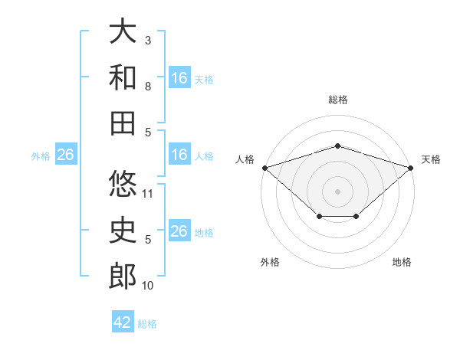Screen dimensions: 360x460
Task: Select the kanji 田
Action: (123, 123)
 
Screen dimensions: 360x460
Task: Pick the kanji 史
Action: (123, 231)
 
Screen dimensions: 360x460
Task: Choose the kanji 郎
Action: (123, 277)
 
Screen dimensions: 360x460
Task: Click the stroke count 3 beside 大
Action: (147, 40)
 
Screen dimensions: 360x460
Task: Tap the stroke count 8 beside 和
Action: (147, 87)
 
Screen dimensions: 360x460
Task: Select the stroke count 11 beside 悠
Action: (149, 194)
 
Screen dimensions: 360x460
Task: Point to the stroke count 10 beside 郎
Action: (149, 286)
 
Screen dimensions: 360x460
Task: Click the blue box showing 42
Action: (123, 322)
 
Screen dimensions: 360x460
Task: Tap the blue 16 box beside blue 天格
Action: (179, 78)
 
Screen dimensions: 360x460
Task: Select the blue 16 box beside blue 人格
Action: (179, 155)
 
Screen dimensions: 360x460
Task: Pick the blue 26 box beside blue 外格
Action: (65, 155)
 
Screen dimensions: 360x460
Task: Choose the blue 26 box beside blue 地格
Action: (179, 232)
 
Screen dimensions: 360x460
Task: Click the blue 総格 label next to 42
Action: (147, 324)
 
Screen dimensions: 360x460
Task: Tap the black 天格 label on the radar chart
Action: (431, 159)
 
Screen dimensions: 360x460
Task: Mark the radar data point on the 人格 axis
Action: (264, 167)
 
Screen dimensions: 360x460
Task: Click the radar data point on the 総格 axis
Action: (337, 146)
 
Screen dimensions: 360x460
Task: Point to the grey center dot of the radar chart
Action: (337, 191)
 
